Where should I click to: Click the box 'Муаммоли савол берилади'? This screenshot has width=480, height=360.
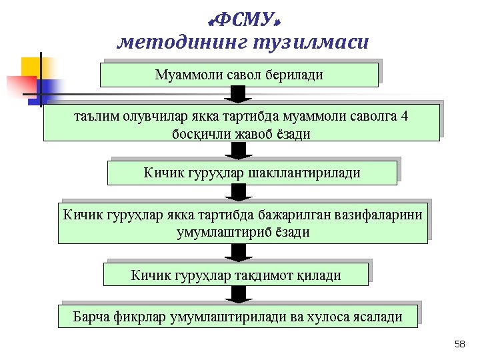pos(239,75)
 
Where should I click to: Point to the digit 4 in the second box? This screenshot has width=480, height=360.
pos(405,116)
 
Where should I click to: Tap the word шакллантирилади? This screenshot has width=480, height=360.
pos(304,173)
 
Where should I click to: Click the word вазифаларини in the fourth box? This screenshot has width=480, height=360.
pos(379,215)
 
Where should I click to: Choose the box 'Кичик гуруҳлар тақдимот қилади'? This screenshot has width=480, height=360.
pos(236,275)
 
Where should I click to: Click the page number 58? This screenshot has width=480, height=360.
pos(459,344)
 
